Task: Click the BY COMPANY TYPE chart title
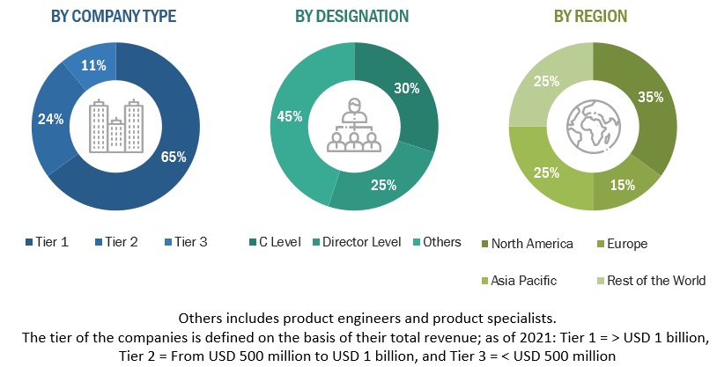(x=114, y=16)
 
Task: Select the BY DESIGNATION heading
(x=352, y=16)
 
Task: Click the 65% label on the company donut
(x=174, y=158)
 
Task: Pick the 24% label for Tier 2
(x=50, y=119)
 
